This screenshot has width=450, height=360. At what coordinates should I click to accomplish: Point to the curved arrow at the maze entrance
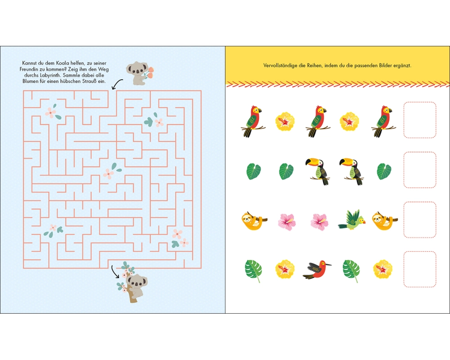click(116, 84)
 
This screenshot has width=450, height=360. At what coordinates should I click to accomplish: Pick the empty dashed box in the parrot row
click(420, 120)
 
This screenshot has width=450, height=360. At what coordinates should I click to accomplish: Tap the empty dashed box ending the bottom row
click(420, 269)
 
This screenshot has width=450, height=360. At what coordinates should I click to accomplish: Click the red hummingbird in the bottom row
click(317, 269)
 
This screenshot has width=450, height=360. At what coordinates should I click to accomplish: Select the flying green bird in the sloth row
click(352, 220)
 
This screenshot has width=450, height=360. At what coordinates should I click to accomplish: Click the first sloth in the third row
click(254, 221)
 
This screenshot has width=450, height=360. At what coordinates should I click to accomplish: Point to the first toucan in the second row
click(318, 171)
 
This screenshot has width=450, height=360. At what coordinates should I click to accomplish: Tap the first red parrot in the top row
click(253, 121)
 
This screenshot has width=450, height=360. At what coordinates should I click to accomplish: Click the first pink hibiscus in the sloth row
click(287, 222)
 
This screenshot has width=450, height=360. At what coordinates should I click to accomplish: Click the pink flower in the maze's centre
click(108, 174)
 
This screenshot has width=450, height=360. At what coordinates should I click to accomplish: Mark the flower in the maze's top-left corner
click(51, 112)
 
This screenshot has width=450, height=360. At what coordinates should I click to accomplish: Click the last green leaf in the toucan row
click(384, 171)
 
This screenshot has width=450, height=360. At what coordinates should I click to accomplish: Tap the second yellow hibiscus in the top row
click(349, 121)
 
